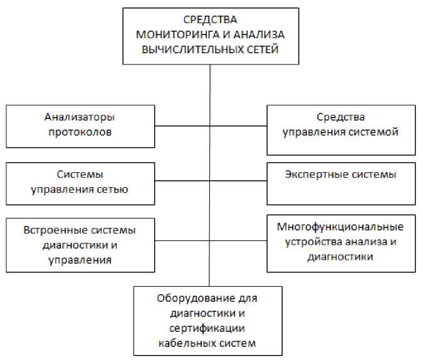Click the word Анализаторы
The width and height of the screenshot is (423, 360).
click(80, 117)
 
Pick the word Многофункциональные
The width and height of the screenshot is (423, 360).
click(340, 226)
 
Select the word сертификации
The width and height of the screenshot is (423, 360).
click(207, 328)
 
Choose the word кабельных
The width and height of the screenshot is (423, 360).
click(182, 342)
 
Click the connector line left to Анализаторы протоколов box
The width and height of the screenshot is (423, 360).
click(182, 126)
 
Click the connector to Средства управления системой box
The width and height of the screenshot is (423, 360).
click(238, 126)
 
